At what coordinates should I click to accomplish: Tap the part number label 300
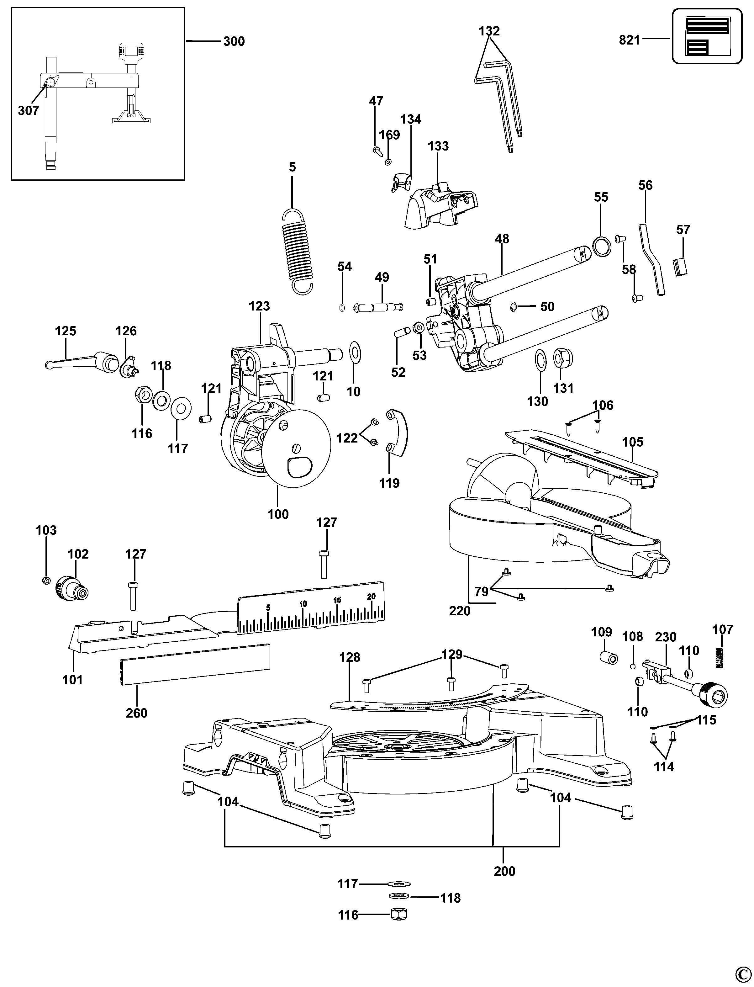[234, 41]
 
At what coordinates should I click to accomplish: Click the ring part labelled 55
[601, 247]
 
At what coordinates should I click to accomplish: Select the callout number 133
[438, 146]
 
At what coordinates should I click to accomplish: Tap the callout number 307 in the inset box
[28, 110]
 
